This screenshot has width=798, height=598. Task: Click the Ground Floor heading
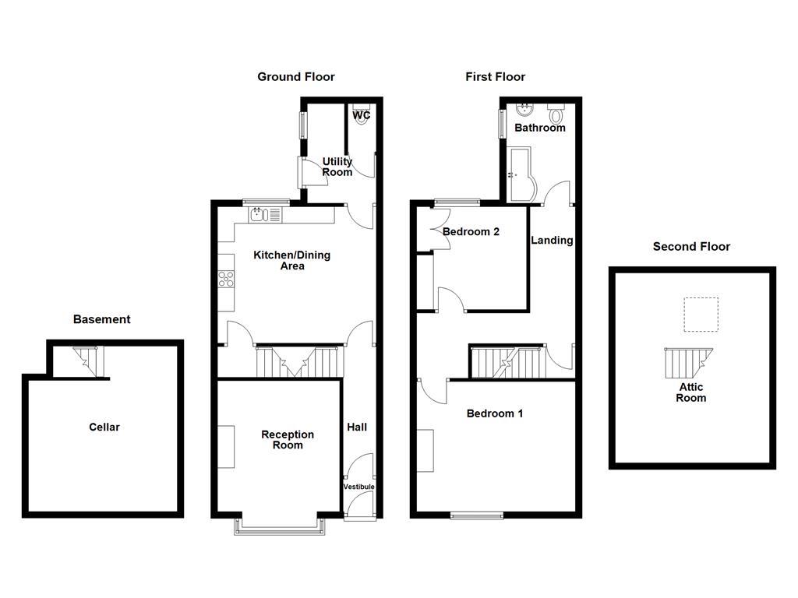(296, 76)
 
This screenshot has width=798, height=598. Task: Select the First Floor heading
(495, 76)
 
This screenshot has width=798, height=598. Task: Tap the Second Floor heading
(691, 247)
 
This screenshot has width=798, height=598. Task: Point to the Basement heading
(101, 319)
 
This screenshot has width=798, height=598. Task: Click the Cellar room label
(104, 427)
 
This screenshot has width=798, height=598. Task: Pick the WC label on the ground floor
(362, 115)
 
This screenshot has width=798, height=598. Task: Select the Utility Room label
(337, 167)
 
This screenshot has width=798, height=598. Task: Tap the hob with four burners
(227, 278)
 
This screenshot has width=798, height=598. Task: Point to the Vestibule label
(359, 487)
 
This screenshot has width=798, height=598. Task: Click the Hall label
(357, 427)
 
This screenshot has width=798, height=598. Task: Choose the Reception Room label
(288, 440)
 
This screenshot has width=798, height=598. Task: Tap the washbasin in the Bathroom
(524, 108)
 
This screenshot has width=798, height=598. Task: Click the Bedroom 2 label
(471, 231)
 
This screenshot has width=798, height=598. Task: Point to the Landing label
(552, 240)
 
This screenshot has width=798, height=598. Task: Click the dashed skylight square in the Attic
(699, 315)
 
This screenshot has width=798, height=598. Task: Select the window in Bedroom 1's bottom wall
(476, 515)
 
